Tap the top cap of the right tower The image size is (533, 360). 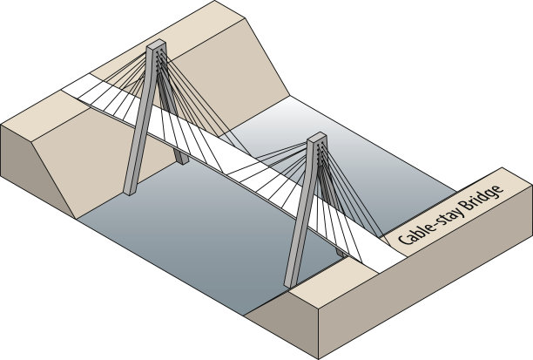317,137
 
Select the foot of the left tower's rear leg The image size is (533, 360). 181,160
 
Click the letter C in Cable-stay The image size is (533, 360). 404,240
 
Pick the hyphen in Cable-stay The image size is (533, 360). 438,221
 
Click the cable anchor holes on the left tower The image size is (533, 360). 159,59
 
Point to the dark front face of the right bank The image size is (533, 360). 418,305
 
